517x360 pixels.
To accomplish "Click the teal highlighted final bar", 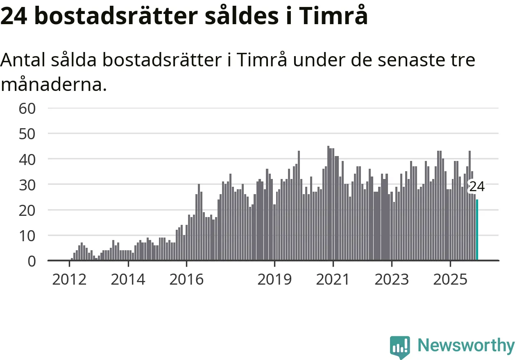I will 477,230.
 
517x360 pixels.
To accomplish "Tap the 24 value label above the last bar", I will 476,187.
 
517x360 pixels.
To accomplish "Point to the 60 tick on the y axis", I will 27,109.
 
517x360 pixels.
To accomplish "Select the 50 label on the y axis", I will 27,134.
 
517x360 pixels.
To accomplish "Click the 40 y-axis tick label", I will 27,159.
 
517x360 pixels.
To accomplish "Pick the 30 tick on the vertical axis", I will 27,185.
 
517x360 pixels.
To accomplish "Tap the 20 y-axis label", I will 27,210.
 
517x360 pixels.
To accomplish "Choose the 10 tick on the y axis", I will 27,235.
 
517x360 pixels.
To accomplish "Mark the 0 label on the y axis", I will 32,261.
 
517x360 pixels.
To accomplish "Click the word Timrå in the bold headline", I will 333,16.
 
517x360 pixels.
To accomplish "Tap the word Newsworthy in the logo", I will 466,346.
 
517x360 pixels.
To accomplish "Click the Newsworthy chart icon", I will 400,347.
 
